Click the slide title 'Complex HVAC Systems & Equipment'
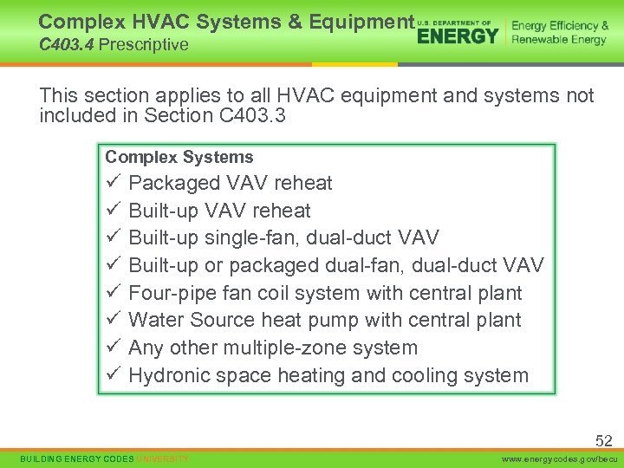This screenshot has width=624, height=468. [226, 21]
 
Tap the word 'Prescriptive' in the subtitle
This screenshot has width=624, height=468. [143, 44]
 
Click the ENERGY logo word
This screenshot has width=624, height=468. [458, 36]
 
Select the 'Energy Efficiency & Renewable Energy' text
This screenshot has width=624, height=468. [560, 33]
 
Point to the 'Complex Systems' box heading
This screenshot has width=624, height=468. [179, 157]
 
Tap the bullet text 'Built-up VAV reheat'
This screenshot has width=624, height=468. [219, 211]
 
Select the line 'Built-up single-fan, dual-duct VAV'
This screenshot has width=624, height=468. [283, 237]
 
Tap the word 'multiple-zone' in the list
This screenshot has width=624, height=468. [284, 348]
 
